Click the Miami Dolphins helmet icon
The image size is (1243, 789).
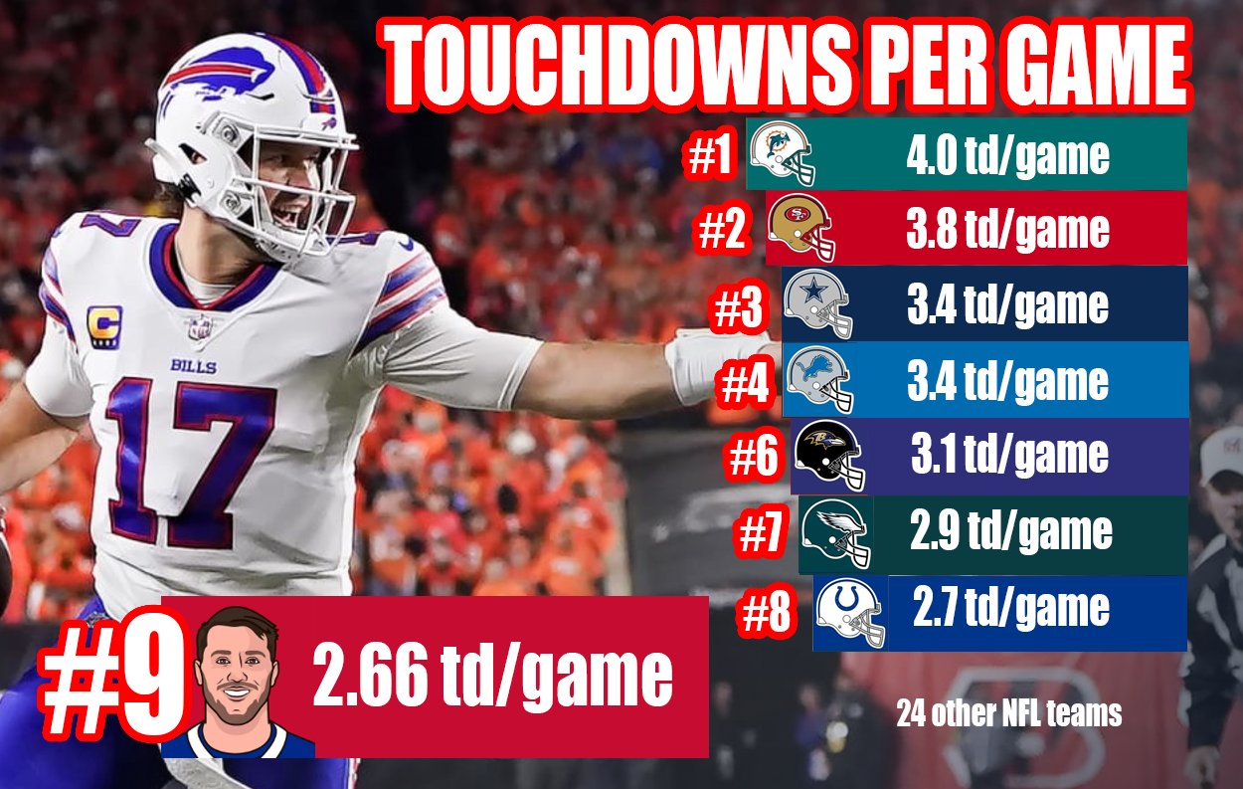point(783,154)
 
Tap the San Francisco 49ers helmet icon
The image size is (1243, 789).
point(801,229)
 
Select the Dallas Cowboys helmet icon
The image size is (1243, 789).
point(817,305)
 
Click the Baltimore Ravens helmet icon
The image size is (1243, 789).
point(829,457)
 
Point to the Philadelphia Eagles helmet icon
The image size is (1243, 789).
point(837,533)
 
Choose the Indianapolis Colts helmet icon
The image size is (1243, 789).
point(850,610)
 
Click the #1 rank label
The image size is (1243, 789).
point(711,157)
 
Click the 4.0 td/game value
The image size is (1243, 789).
point(1007,155)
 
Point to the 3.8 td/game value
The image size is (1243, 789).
point(1007,230)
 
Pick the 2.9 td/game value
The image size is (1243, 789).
point(1010,532)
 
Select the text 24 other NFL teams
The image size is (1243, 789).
point(1008,713)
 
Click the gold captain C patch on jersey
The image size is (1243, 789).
point(104,326)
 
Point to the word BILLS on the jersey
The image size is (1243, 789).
point(192,365)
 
